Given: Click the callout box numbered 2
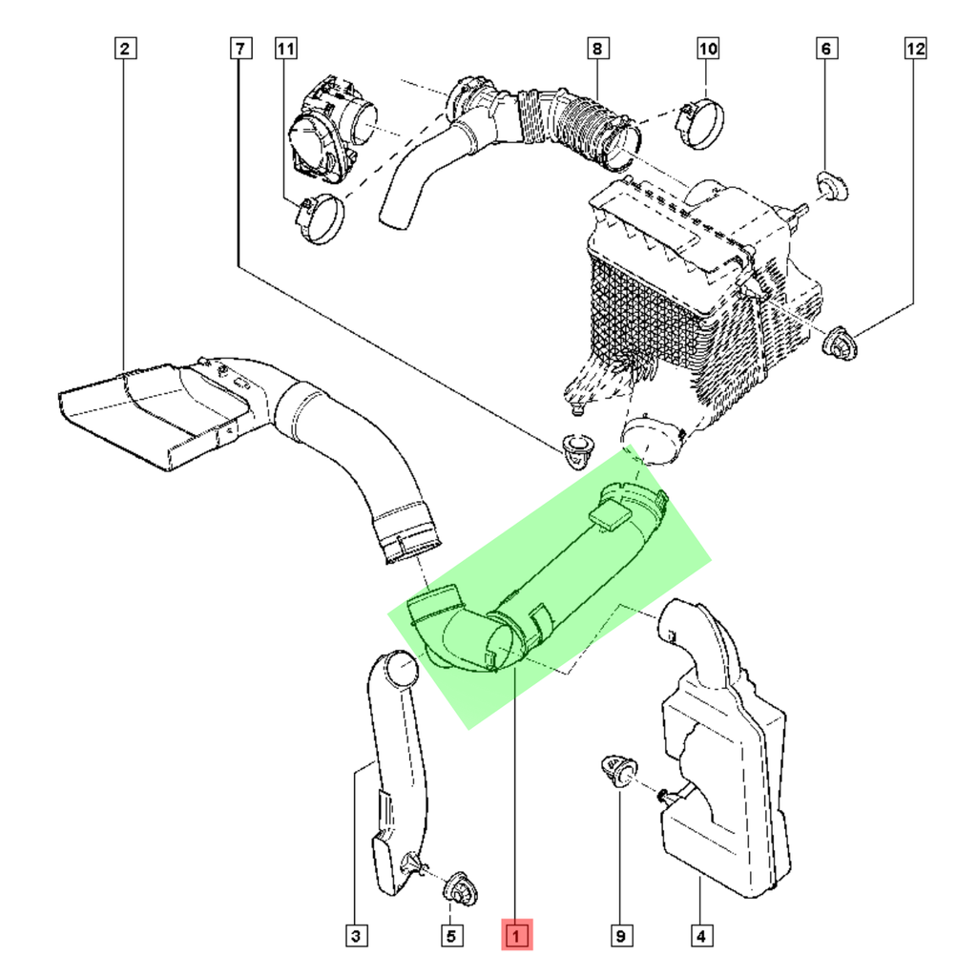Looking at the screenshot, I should pyautogui.click(x=126, y=47).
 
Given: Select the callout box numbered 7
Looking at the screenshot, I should pyautogui.click(x=239, y=47).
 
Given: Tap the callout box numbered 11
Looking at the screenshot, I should pyautogui.click(x=286, y=47).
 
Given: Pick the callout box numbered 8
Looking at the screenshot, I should pyautogui.click(x=596, y=47).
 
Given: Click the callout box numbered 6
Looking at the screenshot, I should pyautogui.click(x=826, y=47).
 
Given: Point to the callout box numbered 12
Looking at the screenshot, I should pyautogui.click(x=915, y=47).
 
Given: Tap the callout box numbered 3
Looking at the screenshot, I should pyautogui.click(x=355, y=936).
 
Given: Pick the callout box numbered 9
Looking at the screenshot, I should pyautogui.click(x=622, y=936).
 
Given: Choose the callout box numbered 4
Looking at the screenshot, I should pyautogui.click(x=701, y=936).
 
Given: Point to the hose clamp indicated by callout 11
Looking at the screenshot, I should pyautogui.click(x=318, y=218).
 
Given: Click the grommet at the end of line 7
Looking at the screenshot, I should pyautogui.click(x=575, y=448).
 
